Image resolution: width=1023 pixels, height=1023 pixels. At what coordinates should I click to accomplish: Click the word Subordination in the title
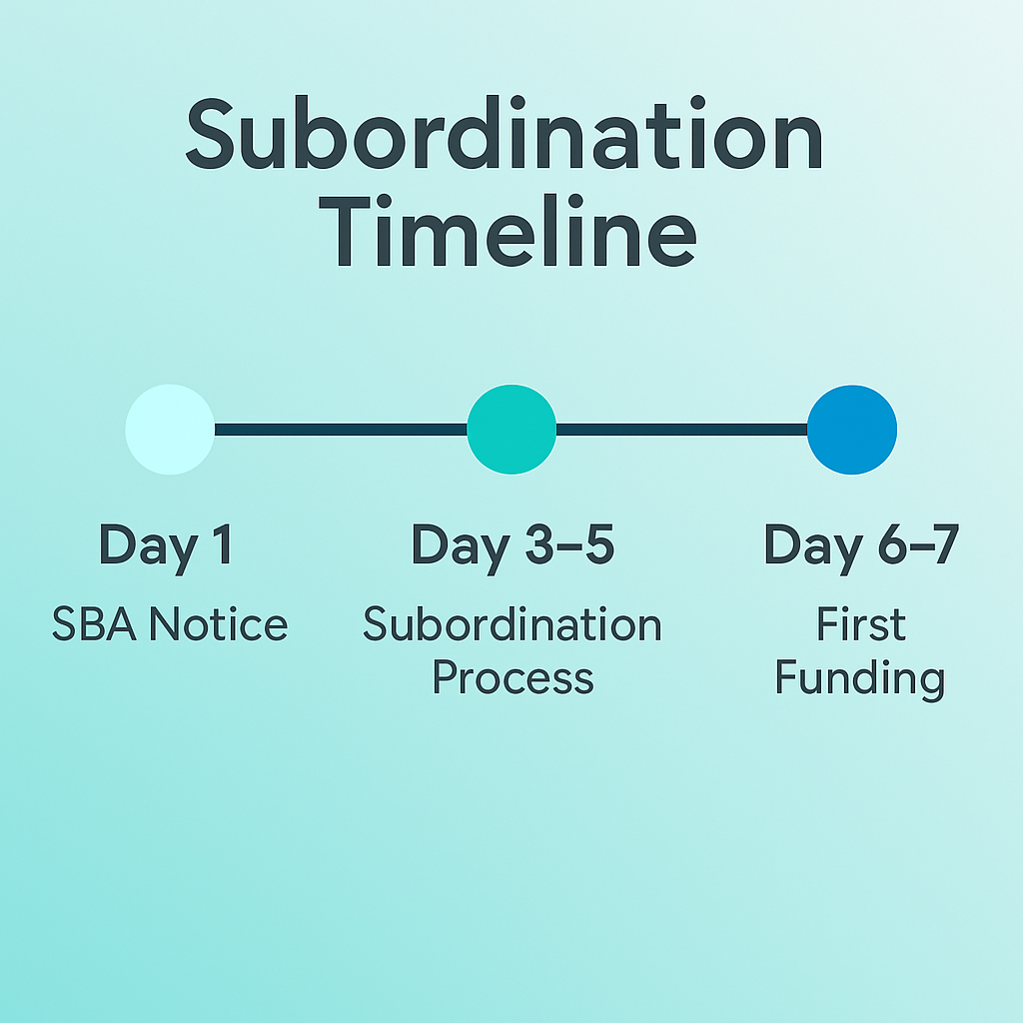(x=504, y=133)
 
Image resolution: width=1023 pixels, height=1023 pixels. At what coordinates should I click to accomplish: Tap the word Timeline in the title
(x=508, y=231)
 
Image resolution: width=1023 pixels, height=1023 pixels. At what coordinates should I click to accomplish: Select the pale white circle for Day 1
(x=170, y=430)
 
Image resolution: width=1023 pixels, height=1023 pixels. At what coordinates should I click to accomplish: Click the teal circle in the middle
(x=511, y=430)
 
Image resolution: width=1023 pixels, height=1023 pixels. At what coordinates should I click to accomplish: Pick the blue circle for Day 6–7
(x=852, y=430)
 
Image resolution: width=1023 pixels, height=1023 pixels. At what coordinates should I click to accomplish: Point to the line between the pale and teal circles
(x=341, y=430)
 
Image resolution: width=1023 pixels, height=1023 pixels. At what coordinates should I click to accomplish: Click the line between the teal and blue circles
(x=681, y=430)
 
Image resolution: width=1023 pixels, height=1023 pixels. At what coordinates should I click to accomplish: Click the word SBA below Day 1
(x=94, y=624)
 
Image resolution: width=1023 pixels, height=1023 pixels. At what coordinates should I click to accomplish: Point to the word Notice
(x=219, y=624)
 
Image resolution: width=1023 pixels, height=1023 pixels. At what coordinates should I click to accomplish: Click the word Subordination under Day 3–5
(x=512, y=623)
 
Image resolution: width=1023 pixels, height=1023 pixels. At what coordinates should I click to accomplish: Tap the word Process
(x=512, y=678)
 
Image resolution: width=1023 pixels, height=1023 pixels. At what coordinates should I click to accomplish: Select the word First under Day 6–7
(x=861, y=623)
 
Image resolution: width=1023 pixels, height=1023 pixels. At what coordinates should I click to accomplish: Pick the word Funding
(x=860, y=679)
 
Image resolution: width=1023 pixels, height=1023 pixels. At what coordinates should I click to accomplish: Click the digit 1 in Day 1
(x=223, y=543)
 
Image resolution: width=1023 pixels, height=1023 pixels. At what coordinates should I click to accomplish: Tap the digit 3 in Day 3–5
(x=539, y=543)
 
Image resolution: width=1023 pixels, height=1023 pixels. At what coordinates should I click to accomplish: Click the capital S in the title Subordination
(x=210, y=134)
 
